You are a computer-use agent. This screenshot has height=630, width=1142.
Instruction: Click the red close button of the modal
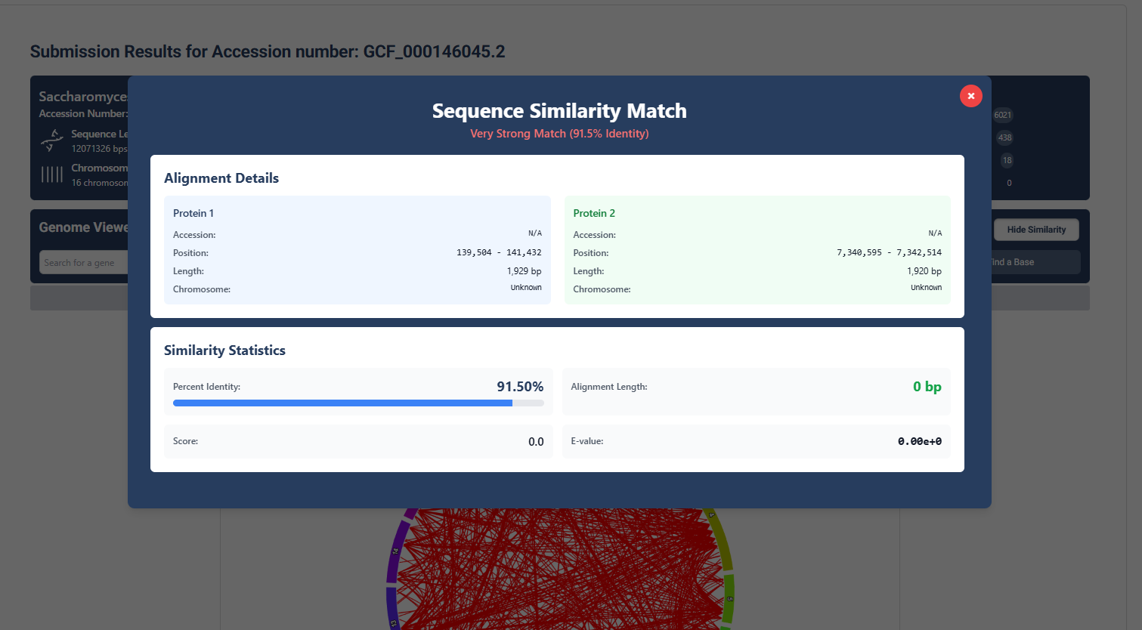(x=970, y=96)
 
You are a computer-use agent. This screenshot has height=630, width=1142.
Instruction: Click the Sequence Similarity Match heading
(x=559, y=111)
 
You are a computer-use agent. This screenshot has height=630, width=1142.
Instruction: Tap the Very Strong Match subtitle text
(x=559, y=134)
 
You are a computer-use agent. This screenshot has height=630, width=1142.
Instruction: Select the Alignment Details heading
(x=221, y=178)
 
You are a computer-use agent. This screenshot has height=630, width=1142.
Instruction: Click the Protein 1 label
(x=193, y=213)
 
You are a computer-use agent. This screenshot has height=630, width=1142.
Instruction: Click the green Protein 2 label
(x=594, y=213)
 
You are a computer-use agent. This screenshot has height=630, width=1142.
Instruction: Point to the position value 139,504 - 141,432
(x=499, y=252)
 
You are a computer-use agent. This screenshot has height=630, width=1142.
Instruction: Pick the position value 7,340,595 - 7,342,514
(x=889, y=252)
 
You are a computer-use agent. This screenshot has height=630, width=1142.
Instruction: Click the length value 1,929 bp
(x=524, y=271)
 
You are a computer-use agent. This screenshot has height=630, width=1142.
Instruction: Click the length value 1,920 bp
(x=924, y=271)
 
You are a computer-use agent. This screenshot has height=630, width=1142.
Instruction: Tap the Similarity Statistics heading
(x=224, y=351)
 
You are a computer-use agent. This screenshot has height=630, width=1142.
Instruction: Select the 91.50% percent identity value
(x=520, y=387)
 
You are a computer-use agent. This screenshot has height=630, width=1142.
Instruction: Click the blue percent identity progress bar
(x=342, y=403)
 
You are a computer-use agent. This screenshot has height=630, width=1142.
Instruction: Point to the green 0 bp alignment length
(x=927, y=387)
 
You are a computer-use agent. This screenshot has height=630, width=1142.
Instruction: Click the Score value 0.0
(x=536, y=442)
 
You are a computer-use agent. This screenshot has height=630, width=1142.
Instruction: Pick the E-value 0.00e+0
(x=919, y=442)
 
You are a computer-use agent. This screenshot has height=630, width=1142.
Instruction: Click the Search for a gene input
(x=83, y=263)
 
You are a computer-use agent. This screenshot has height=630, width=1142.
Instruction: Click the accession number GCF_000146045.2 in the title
(x=434, y=51)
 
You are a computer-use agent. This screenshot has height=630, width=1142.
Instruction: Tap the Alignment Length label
(x=609, y=387)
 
